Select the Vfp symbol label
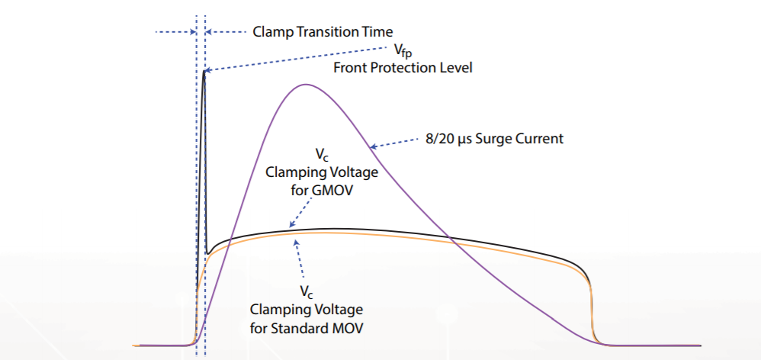click(403, 50)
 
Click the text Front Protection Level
click(403, 67)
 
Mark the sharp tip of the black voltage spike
click(204, 70)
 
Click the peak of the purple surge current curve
click(305, 85)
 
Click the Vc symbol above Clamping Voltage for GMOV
click(322, 156)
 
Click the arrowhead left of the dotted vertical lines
click(193, 33)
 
